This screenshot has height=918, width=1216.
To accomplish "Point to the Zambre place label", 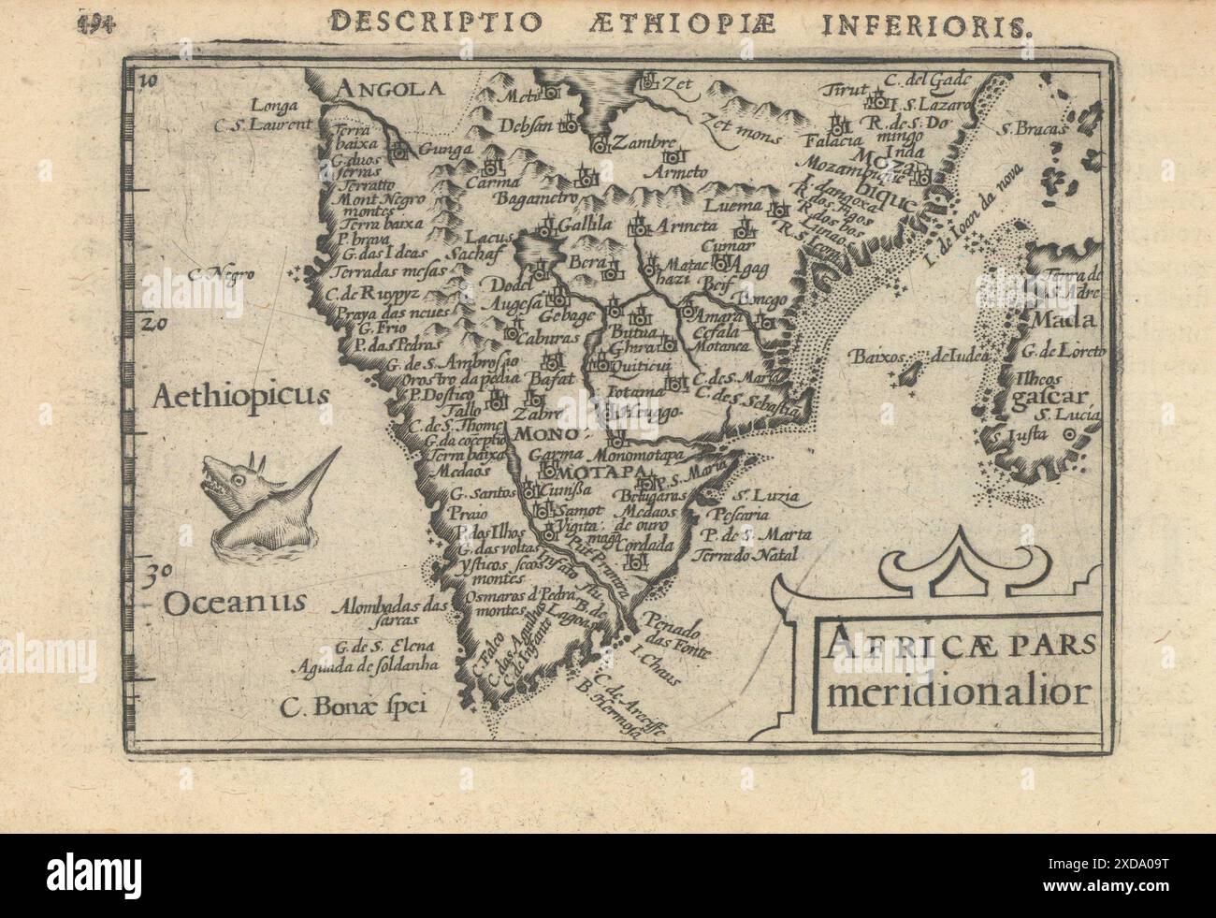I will click(644, 143).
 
